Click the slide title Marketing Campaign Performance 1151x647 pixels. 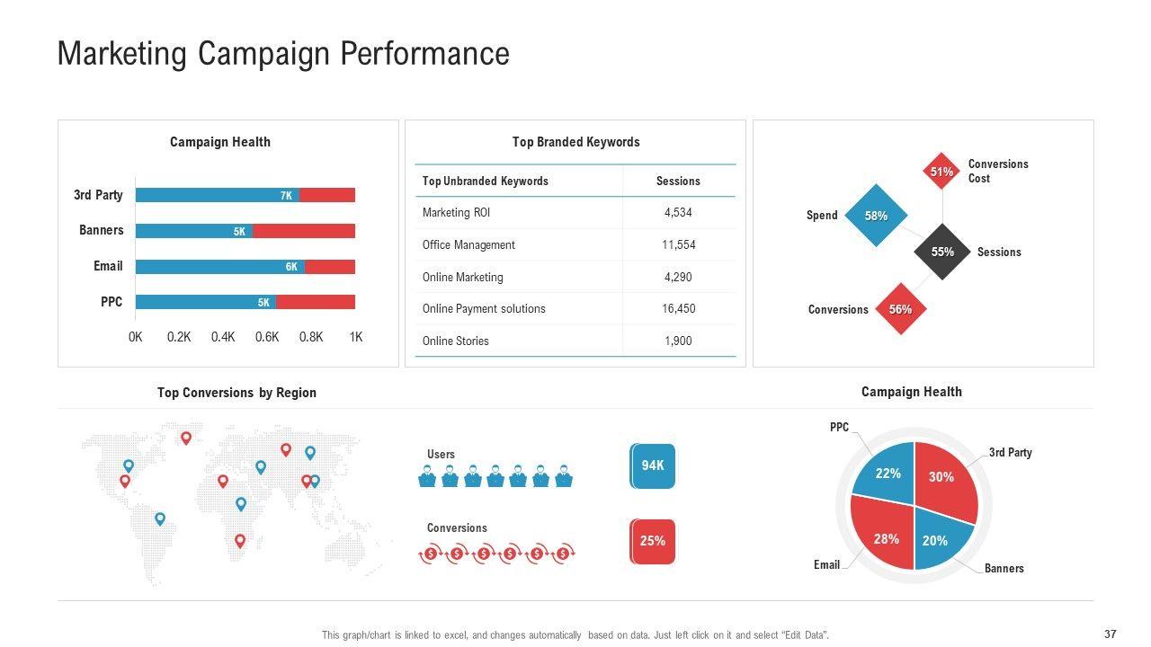(x=283, y=54)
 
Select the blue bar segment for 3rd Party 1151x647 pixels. (x=216, y=195)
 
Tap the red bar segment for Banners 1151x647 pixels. (x=304, y=231)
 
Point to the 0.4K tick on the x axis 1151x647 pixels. (x=223, y=337)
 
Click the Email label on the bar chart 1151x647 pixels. (x=108, y=266)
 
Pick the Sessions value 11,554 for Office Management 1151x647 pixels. (x=677, y=244)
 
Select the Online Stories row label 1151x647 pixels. (x=456, y=341)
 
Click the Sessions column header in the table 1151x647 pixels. (x=677, y=181)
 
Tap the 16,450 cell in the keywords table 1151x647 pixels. (x=677, y=308)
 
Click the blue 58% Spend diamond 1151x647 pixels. (x=876, y=216)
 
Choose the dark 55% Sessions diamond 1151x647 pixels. (x=941, y=253)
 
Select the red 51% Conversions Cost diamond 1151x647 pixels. (x=941, y=172)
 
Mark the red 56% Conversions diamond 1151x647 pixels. (x=900, y=309)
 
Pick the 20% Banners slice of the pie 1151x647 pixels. (x=939, y=536)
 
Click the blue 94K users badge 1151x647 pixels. (x=653, y=465)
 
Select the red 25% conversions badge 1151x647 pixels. (x=653, y=541)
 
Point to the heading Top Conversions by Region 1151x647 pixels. (x=236, y=393)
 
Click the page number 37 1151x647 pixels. (x=1111, y=634)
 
